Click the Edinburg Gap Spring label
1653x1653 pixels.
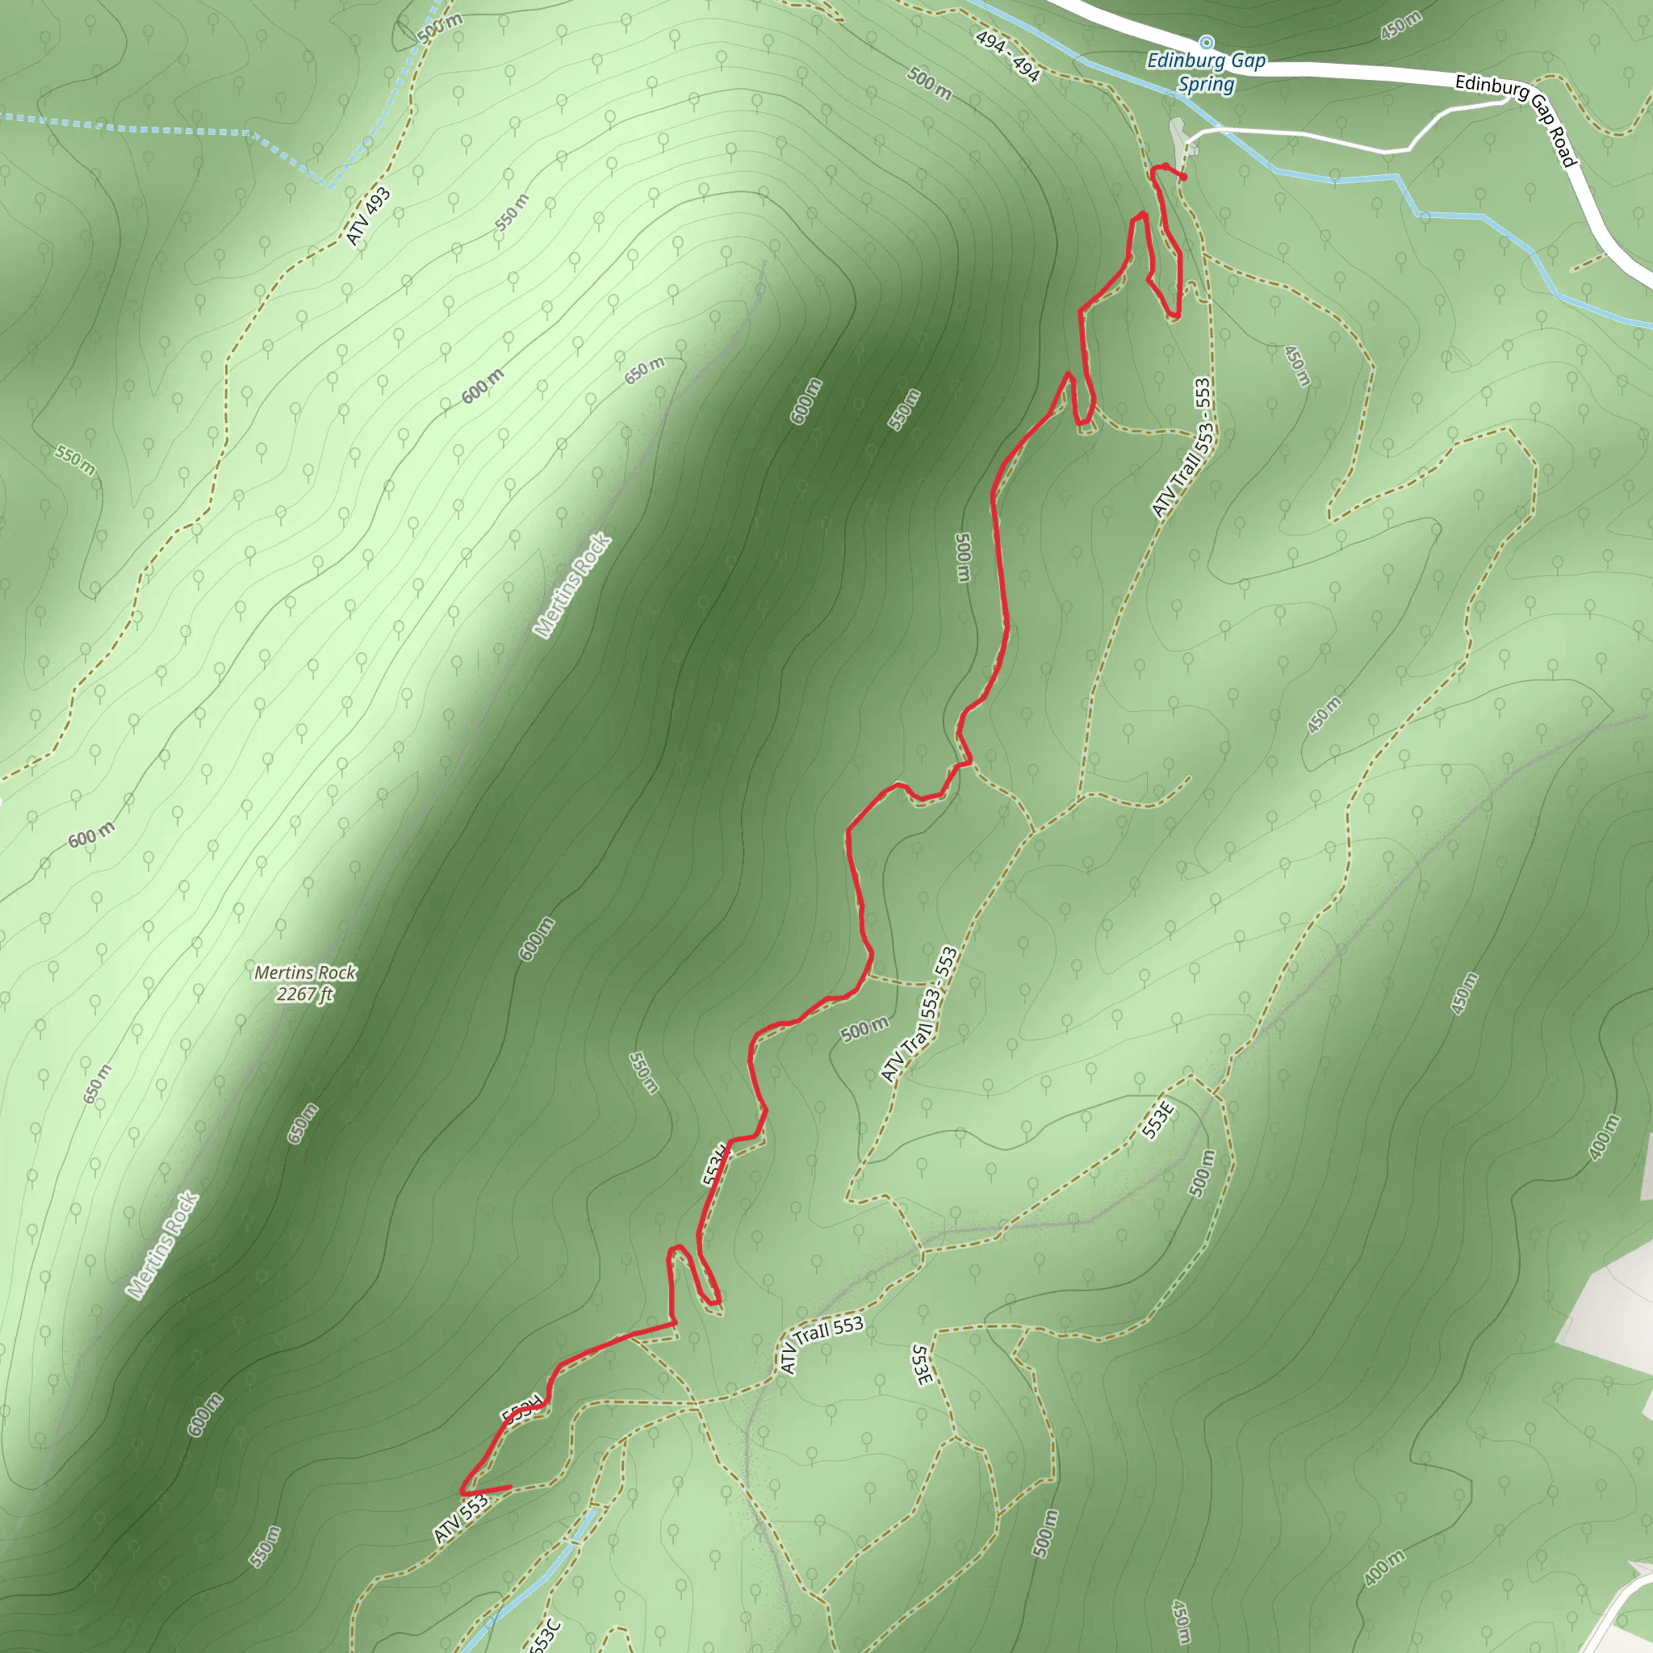1206,72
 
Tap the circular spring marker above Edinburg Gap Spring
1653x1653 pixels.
1207,42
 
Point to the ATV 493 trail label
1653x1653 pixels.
369,216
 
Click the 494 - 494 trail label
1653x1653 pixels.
1007,56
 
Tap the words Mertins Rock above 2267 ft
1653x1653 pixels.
304,973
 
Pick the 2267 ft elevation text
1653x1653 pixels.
304,994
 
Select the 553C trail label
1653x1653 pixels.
545,1634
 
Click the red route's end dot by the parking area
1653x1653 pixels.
1184,177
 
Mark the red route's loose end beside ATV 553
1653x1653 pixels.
510,1487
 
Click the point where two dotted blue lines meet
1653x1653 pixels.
328,185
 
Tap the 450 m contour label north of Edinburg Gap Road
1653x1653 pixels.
1400,26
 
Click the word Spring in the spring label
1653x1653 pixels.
1206,84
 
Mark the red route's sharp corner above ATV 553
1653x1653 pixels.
462,1493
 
